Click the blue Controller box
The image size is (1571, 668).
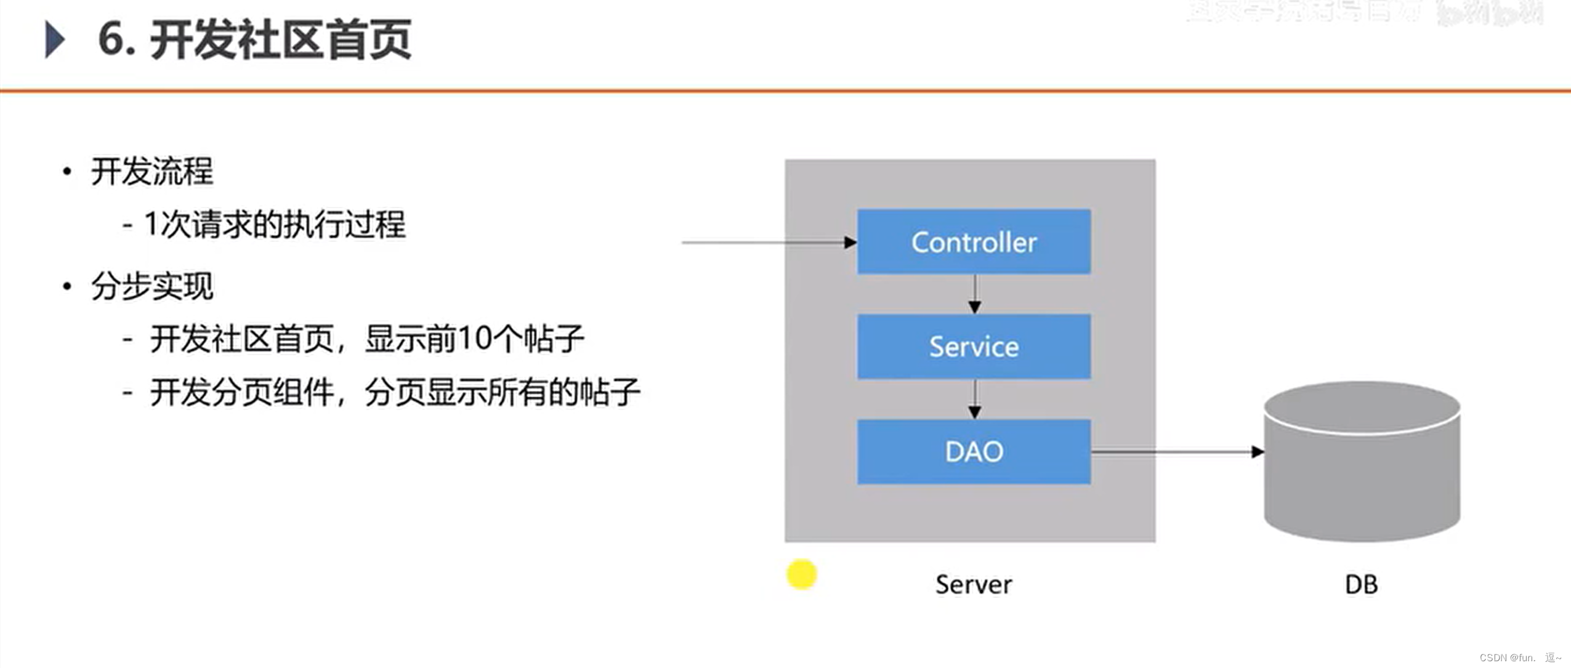click(974, 241)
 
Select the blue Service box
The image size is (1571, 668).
click(974, 347)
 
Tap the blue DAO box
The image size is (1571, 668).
click(974, 452)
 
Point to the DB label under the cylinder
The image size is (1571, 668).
click(1361, 584)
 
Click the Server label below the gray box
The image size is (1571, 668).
click(973, 584)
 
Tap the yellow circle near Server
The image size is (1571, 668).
click(801, 574)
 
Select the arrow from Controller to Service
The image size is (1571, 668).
click(974, 294)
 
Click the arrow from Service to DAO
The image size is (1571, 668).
click(974, 400)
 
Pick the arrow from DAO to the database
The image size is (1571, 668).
click(1176, 452)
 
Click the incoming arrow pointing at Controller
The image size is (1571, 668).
click(770, 243)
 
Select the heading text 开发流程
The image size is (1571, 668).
click(151, 171)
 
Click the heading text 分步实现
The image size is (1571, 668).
click(151, 286)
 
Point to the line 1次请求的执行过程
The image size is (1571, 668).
click(274, 224)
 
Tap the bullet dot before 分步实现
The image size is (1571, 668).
click(67, 286)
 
